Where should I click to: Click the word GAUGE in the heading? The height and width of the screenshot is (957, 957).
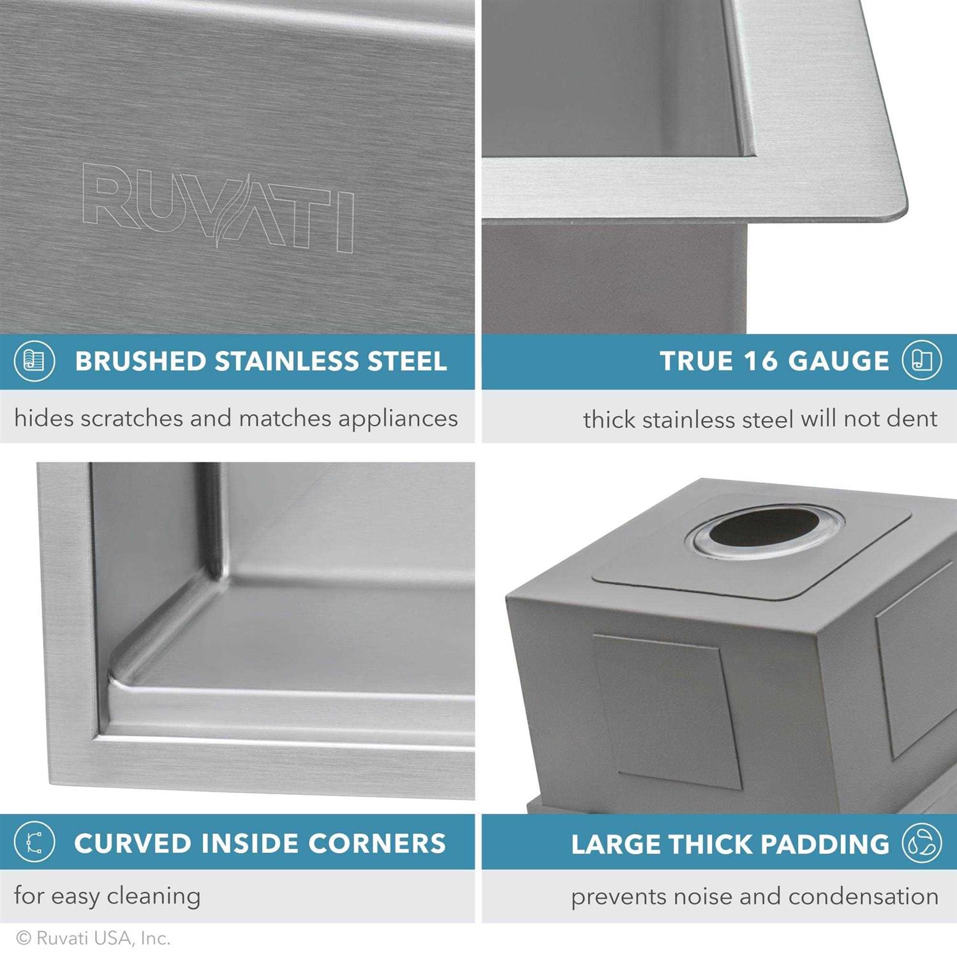coord(838,361)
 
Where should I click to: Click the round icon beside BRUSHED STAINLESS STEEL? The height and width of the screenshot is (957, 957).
coord(34,361)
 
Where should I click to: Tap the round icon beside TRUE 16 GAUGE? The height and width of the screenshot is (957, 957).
coord(921,360)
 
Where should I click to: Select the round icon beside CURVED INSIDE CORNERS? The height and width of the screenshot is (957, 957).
coord(34,843)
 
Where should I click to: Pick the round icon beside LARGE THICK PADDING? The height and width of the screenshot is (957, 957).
coord(921,843)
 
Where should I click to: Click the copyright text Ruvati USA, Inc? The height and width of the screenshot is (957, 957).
coord(94,938)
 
